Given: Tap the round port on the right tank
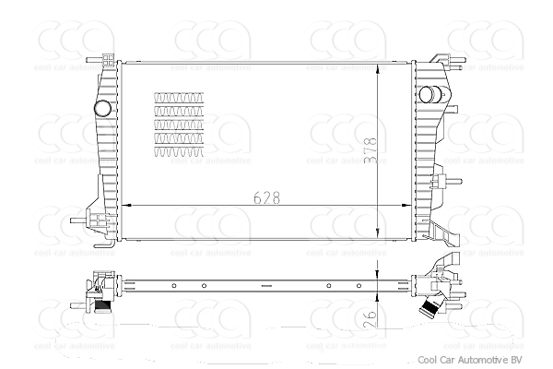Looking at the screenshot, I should tap(429, 96).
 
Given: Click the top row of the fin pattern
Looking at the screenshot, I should tap(179, 96).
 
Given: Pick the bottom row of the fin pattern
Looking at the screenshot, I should tap(179, 151).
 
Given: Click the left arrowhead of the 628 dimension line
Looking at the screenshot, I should tap(125, 205).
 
